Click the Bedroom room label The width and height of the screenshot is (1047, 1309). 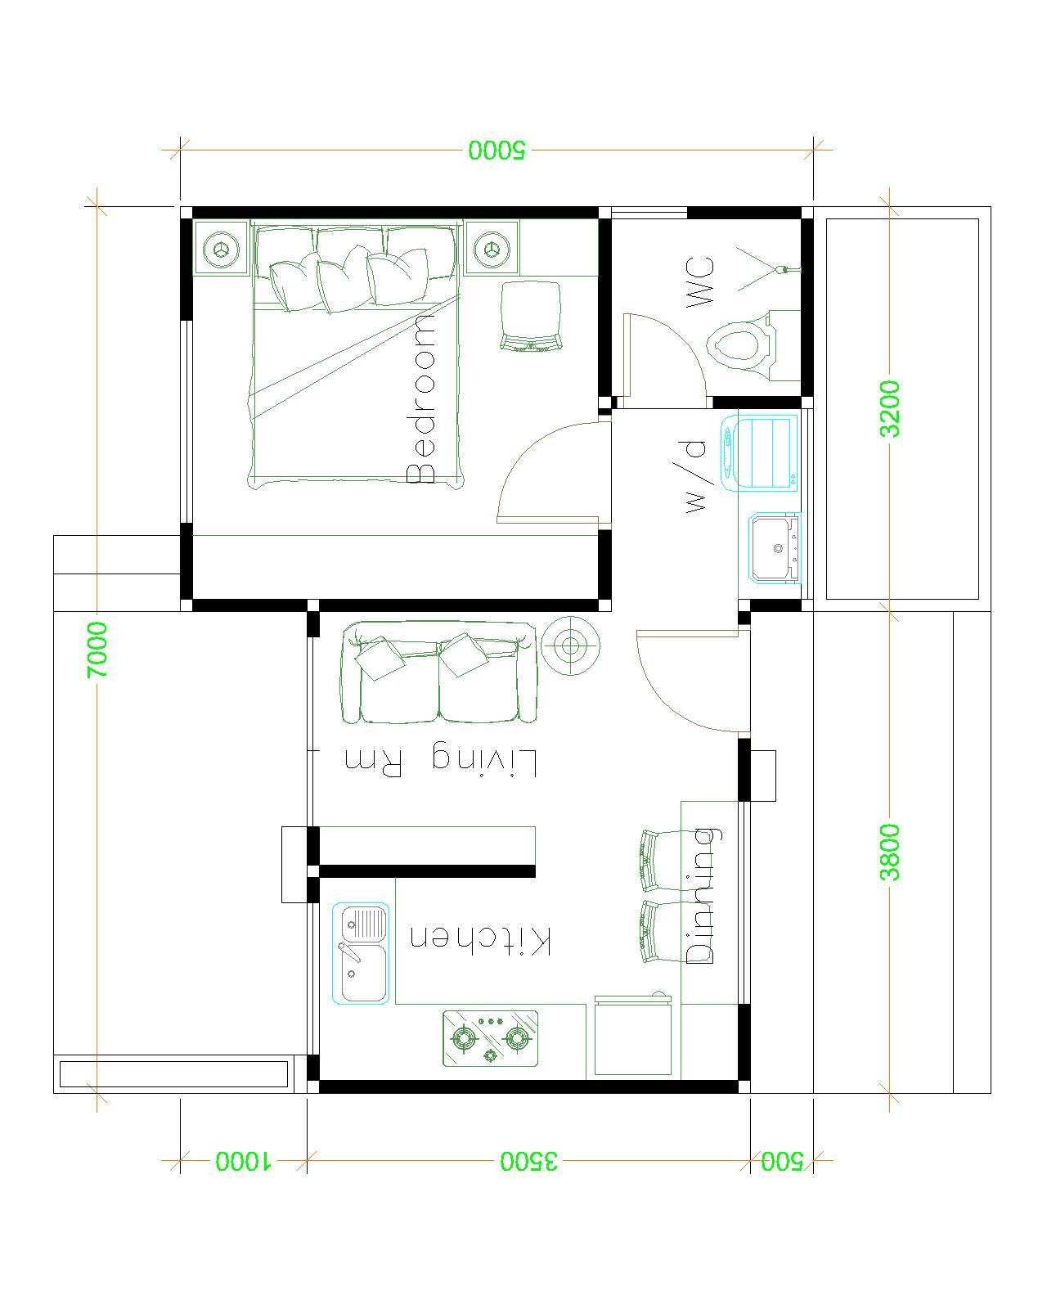coord(422,398)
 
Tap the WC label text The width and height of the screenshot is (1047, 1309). coord(700,282)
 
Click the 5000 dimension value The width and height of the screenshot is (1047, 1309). coord(498,150)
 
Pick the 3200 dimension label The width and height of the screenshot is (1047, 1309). coord(890,407)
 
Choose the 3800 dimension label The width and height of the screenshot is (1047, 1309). coord(890,852)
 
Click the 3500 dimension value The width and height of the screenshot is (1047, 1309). coord(529,1161)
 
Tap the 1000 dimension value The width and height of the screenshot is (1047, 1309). coord(245,1161)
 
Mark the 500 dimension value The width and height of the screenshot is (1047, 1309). coord(782,1161)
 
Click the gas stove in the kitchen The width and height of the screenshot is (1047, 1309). coord(491,1038)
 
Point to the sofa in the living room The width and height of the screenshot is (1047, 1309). coord(440,672)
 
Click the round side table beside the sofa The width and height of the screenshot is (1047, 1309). coord(571,646)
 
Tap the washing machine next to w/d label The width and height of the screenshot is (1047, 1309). coord(758,452)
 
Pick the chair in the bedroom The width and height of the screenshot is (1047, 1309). coord(531,316)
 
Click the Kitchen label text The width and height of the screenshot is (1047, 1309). coord(481,940)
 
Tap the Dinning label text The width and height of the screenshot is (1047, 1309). coord(701,895)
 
